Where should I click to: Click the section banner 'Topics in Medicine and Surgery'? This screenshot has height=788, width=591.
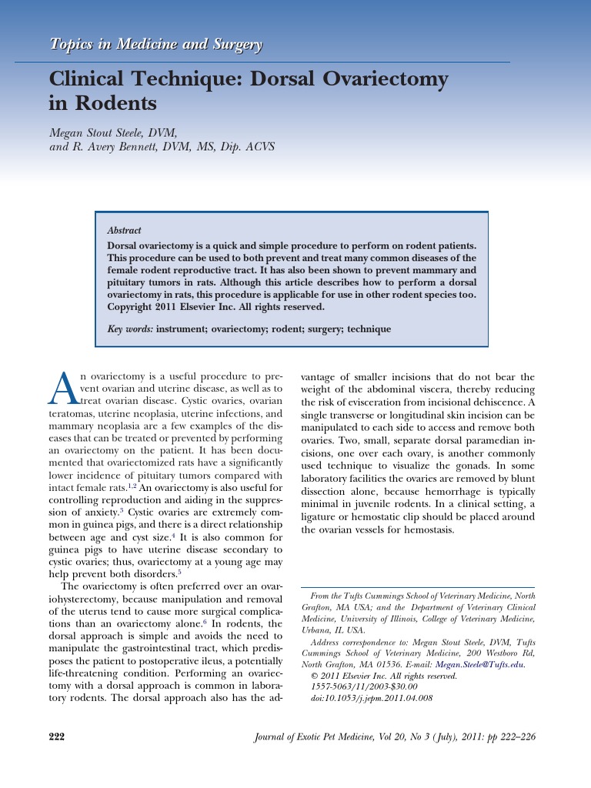tap(156, 45)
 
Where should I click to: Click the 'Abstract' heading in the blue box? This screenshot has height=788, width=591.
tap(124, 230)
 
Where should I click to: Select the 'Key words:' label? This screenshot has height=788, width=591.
tap(130, 329)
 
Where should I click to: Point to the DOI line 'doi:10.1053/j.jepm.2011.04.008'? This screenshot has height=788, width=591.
tap(371, 698)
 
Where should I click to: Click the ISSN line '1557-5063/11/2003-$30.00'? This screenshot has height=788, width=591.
tap(363, 686)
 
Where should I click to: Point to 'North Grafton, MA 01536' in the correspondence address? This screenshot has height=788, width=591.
tap(349, 664)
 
